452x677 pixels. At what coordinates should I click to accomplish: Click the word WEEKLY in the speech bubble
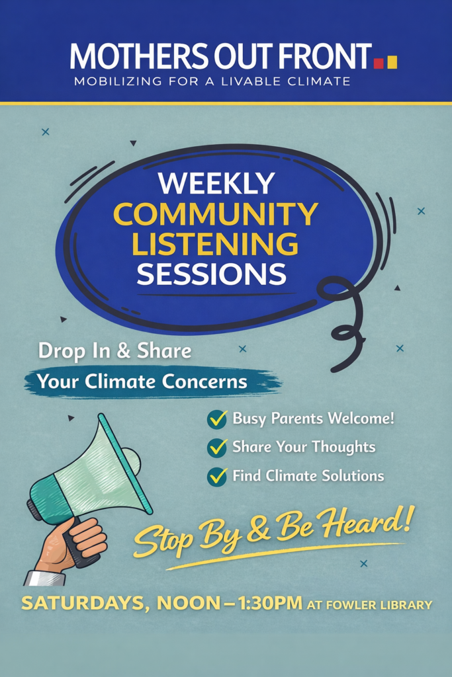coord(216,183)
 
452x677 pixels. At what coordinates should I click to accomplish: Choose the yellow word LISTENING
coord(215,243)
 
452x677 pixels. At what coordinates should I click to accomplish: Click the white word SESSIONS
coord(211,273)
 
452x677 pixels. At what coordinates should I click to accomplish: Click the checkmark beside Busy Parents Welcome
coord(217,418)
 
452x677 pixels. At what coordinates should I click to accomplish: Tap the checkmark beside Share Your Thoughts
coord(217,448)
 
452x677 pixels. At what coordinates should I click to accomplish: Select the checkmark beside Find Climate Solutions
coord(217,476)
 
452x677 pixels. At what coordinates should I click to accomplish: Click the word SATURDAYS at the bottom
coord(83,604)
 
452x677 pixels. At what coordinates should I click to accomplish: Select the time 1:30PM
coord(270,603)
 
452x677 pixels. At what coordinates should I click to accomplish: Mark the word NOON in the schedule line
coord(188,603)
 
